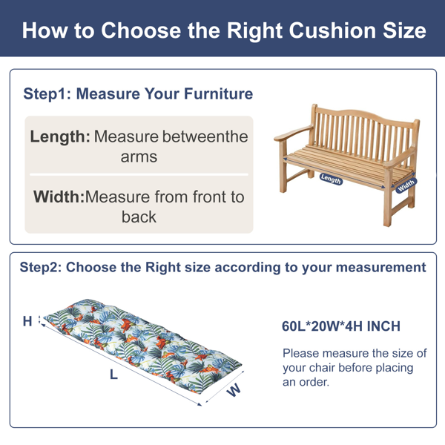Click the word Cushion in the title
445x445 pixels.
[x=332, y=30]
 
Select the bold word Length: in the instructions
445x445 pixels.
[x=60, y=136]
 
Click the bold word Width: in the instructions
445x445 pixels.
[x=59, y=197]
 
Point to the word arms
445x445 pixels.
[x=139, y=157]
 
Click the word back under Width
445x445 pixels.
[x=139, y=217]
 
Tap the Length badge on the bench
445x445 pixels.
[x=331, y=179]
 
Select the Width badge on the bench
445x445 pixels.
[x=406, y=185]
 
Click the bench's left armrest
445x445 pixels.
[x=293, y=133]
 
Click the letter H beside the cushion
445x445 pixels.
[x=27, y=321]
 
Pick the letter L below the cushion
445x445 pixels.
[x=113, y=375]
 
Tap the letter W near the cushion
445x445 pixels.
[x=234, y=390]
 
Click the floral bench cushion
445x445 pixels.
[x=142, y=346]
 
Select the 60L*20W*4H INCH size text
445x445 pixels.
[x=341, y=326]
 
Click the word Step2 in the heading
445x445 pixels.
[x=41, y=267]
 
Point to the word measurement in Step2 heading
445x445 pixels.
[x=381, y=267]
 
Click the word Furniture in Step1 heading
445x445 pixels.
[x=218, y=93]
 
